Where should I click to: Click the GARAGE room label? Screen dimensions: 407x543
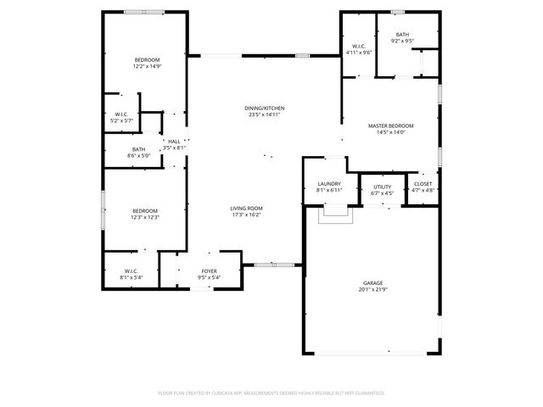pos(373,282)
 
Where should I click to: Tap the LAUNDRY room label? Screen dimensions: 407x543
pos(329,184)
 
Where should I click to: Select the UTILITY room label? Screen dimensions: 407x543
pos(382,187)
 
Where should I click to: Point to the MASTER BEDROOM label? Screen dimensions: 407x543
pos(391,125)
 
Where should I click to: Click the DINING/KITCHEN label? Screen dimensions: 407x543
pos(265,109)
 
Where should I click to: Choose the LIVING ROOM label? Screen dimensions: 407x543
pos(246,209)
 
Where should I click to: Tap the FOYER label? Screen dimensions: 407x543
pos(209,270)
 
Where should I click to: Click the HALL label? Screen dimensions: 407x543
pos(174,142)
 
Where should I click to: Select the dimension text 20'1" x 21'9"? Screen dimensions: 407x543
pos(373,289)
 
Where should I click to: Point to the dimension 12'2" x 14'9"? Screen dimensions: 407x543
pos(147,66)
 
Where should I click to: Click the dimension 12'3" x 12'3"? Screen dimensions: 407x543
pos(146,217)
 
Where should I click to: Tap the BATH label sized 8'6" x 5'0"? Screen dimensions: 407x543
pos(138,149)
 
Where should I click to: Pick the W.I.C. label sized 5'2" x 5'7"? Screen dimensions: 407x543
pos(121,114)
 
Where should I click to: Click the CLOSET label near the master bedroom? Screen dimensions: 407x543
pos(423,184)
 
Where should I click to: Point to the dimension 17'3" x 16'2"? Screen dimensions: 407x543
pos(246,215)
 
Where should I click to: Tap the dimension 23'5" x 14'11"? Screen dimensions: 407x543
pos(265,115)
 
